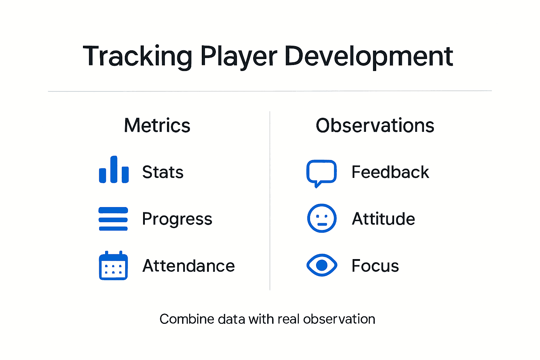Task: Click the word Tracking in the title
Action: point(137,56)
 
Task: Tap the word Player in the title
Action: point(239,56)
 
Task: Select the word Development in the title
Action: point(369,56)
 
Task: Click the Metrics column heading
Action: point(157,126)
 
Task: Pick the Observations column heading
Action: point(375,126)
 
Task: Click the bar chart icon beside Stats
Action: point(114,170)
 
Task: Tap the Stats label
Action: point(163,172)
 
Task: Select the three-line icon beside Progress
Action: point(113,219)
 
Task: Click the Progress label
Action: point(177,219)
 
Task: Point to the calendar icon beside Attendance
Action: point(113,266)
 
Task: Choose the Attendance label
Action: point(188,266)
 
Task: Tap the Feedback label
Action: point(390,172)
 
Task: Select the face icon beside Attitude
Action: point(322,218)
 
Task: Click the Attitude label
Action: point(384,219)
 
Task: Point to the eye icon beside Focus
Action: point(322,265)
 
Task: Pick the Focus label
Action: point(375,266)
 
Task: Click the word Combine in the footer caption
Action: point(187,319)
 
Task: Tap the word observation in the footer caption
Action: point(339,319)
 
